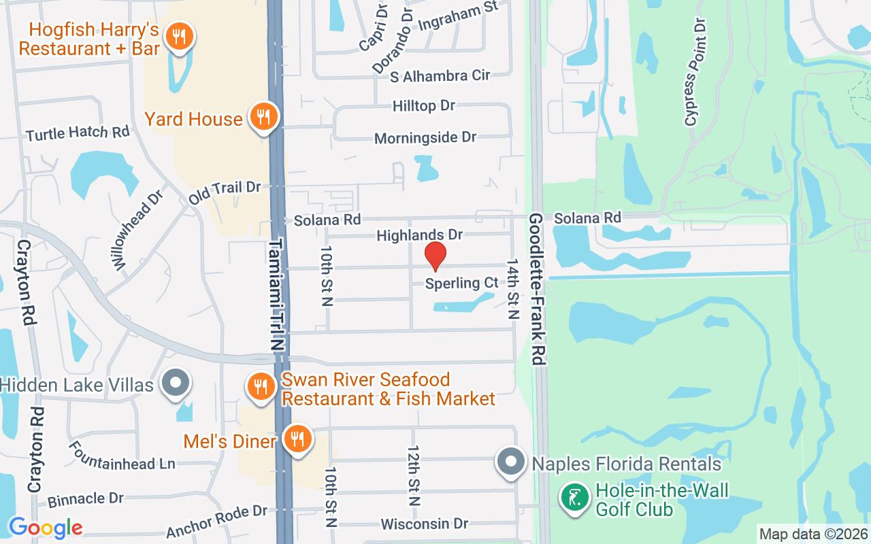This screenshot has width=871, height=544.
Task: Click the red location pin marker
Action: pyautogui.click(x=435, y=256)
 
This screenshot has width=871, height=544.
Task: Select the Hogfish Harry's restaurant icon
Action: pyautogui.click(x=179, y=36)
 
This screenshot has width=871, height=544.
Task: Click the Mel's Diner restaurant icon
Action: pyautogui.click(x=297, y=439)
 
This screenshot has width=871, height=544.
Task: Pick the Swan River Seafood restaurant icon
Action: pyautogui.click(x=260, y=387)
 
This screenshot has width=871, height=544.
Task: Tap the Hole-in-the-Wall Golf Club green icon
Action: pyautogui.click(x=575, y=498)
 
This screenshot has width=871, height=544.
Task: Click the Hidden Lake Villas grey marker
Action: pyautogui.click(x=176, y=383)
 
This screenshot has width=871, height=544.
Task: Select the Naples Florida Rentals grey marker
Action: pyautogui.click(x=511, y=462)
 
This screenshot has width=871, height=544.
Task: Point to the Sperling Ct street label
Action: pyautogui.click(x=462, y=283)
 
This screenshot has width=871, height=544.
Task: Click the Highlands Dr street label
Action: pyautogui.click(x=420, y=235)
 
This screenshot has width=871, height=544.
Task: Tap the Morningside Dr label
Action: pyautogui.click(x=426, y=138)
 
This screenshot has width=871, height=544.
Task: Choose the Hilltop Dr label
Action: pyautogui.click(x=424, y=106)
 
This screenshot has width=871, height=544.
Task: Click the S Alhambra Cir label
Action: pyautogui.click(x=440, y=75)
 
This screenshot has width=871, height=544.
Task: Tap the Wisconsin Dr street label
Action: pyautogui.click(x=425, y=524)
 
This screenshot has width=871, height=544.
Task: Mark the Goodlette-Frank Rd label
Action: pyautogui.click(x=538, y=289)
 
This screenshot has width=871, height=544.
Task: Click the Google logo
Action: pyautogui.click(x=46, y=527)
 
